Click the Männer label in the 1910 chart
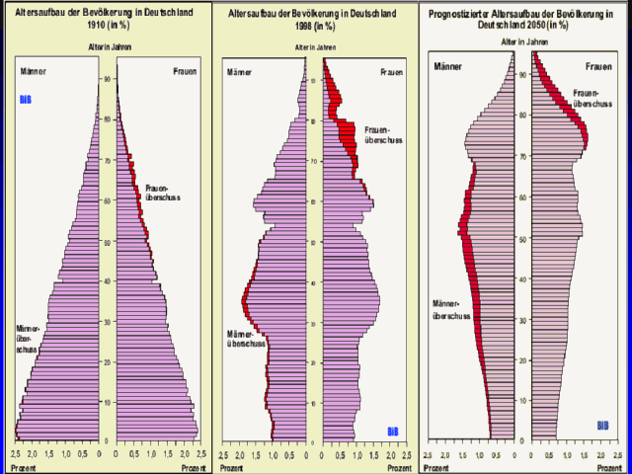(x=32, y=72)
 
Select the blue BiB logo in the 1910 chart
(x=27, y=100)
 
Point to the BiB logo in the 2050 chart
(x=602, y=426)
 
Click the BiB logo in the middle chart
(x=393, y=431)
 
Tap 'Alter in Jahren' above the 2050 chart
(x=523, y=42)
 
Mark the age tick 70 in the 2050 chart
(x=520, y=155)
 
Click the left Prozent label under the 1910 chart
(x=23, y=467)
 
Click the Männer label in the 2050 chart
(x=449, y=66)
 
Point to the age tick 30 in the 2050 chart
(x=520, y=318)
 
